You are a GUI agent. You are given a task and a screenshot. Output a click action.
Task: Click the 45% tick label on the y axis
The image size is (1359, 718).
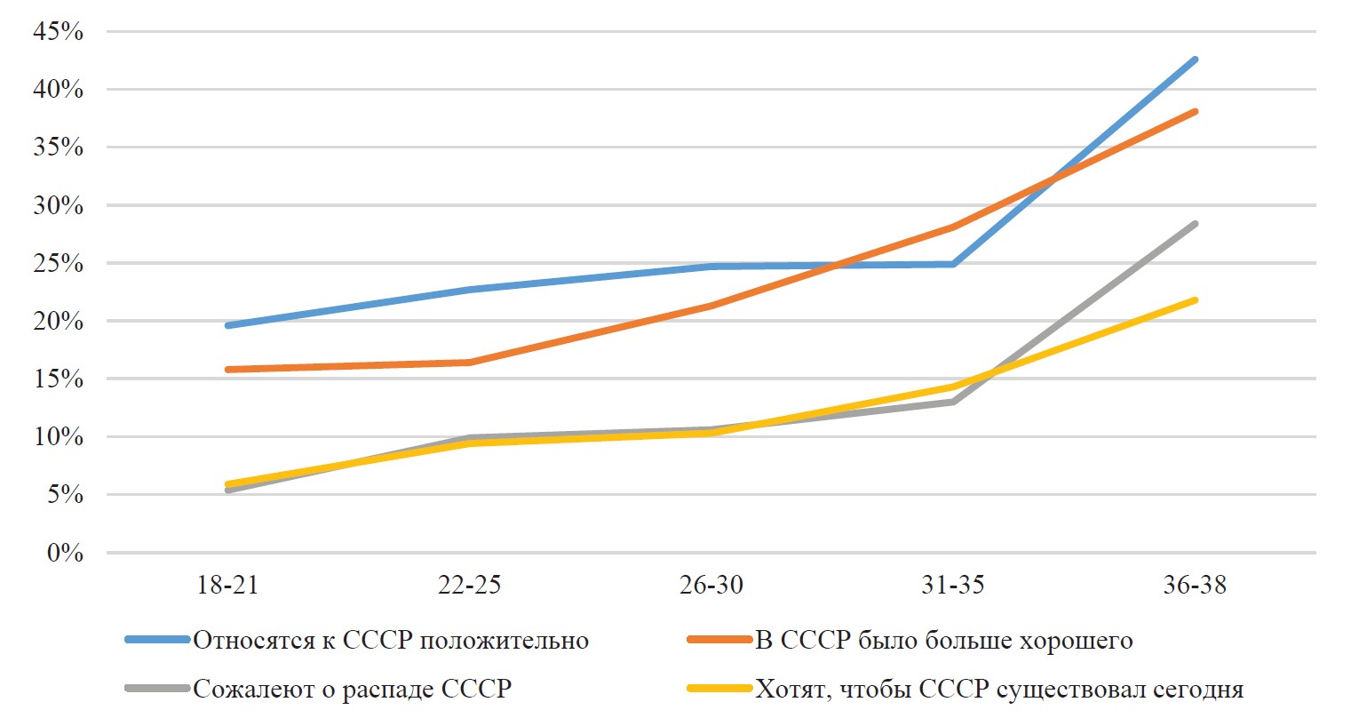58,32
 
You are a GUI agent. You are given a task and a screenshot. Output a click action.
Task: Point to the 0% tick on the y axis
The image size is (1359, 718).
64,554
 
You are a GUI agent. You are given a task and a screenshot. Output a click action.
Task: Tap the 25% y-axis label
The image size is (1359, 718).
58,264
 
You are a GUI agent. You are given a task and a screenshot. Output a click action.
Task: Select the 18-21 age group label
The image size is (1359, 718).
227,585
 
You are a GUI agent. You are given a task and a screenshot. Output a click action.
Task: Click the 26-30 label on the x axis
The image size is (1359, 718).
711,585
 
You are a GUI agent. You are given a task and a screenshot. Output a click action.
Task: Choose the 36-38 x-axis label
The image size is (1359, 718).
1195,585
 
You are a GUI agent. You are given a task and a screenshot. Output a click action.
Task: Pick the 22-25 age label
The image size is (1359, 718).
469,585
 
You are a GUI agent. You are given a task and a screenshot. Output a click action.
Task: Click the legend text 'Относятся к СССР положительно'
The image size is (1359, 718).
391,640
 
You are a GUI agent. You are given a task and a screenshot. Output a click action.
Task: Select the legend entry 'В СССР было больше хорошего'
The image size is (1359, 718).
943,640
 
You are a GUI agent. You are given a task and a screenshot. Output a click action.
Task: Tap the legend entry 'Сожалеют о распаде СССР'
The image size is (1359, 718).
352,689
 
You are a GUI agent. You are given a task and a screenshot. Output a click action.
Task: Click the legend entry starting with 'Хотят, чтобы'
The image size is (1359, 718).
998,689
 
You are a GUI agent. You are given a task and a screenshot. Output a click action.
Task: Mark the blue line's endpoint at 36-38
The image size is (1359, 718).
1195,60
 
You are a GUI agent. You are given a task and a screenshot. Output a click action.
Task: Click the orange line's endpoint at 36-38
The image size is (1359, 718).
1195,112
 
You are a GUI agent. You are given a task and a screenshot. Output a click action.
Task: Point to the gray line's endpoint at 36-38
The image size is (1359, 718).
1195,224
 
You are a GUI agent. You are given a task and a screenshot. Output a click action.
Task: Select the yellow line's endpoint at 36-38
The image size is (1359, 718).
1195,300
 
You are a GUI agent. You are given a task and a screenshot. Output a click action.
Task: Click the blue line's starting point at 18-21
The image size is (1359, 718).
228,325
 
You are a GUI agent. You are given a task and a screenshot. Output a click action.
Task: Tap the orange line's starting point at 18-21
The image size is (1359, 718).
228,369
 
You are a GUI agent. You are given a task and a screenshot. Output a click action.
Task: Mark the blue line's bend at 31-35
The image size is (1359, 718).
953,264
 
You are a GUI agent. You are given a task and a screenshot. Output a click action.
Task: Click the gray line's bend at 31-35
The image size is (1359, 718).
953,402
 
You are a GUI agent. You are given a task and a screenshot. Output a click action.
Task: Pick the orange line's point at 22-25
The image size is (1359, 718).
469,363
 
